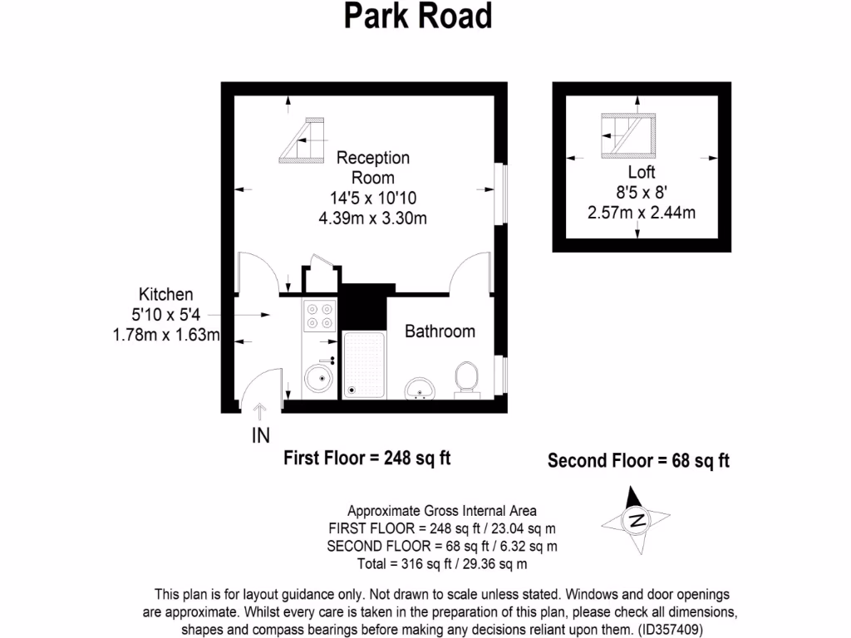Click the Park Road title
[418, 16]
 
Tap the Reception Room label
[373, 167]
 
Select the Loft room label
[642, 172]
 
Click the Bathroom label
[440, 331]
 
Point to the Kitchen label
[165, 294]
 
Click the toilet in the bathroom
[466, 379]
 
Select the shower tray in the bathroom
[364, 366]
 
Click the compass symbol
[636, 521]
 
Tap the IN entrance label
[260, 434]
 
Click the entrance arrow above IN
[259, 411]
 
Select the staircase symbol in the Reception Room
[304, 139]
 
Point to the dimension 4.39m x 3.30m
[373, 218]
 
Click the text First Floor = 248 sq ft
[367, 458]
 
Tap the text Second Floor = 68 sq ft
[638, 460]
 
